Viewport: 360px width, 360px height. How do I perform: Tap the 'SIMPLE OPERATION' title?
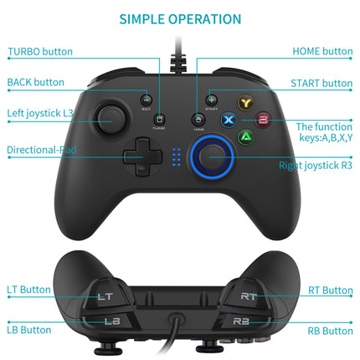(180, 18)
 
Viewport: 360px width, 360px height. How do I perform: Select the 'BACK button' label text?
(35, 82)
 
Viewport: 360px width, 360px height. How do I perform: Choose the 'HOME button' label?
(322, 52)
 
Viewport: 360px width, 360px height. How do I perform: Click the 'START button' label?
(321, 83)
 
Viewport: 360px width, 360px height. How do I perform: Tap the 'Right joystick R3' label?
(316, 165)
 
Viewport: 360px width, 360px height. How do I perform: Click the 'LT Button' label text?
(28, 290)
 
